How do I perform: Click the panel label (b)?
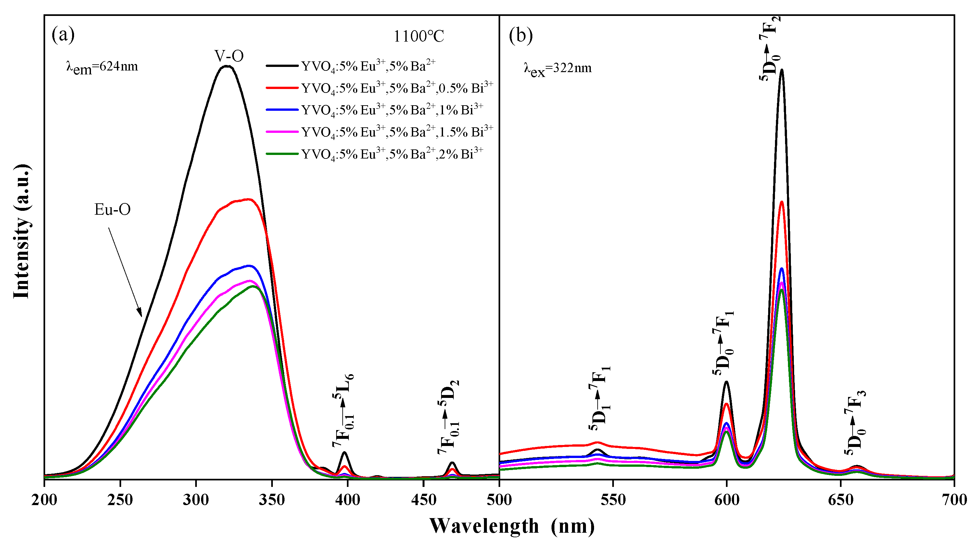[521, 36]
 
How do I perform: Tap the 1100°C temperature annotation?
[419, 36]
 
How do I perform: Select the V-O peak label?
[229, 56]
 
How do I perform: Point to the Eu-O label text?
[112, 210]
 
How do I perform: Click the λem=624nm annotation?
[102, 67]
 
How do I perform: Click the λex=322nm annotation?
[558, 68]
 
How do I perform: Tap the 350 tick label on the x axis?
[272, 500]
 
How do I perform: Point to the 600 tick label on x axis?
[726, 500]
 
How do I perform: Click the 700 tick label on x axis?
[954, 500]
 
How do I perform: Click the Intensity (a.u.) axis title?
[22, 231]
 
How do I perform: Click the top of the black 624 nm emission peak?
[781, 70]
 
